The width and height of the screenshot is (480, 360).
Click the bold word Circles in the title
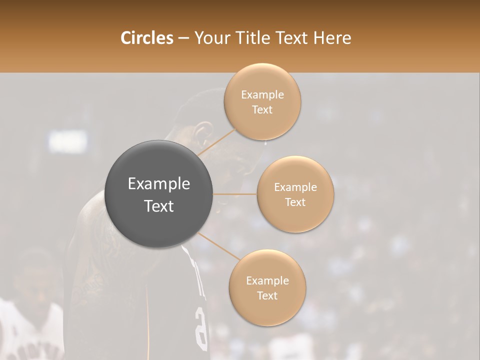(x=147, y=38)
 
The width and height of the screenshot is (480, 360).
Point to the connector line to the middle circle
(x=235, y=194)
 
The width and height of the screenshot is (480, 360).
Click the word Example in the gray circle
(x=158, y=184)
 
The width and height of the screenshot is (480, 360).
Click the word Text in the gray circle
(x=158, y=206)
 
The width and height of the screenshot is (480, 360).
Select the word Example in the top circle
(x=262, y=95)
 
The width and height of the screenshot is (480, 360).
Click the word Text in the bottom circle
(x=267, y=295)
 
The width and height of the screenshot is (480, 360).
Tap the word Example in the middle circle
(x=295, y=187)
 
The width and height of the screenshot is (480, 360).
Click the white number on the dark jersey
(x=201, y=327)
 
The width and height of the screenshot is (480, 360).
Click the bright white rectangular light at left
(x=67, y=141)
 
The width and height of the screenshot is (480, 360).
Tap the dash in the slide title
(x=183, y=38)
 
